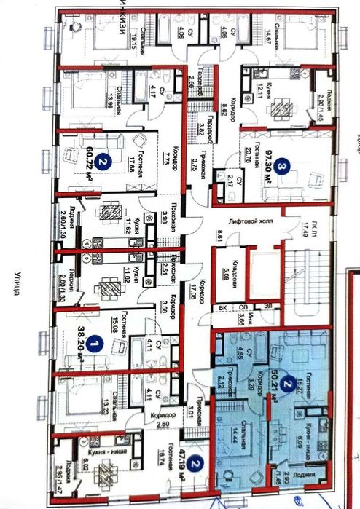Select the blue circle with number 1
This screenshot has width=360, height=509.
[92, 332]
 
